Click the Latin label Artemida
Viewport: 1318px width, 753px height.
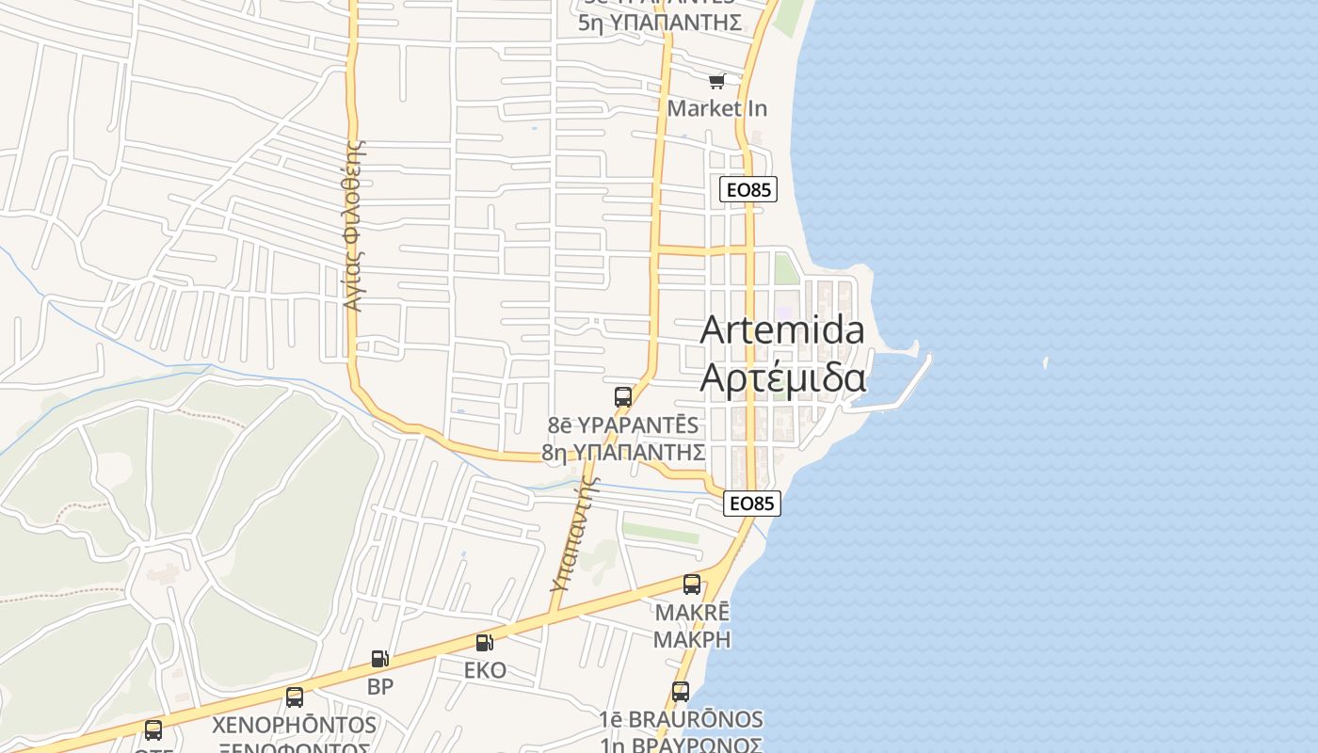pyautogui.click(x=782, y=329)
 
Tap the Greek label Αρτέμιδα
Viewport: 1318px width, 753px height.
pyautogui.click(x=782, y=377)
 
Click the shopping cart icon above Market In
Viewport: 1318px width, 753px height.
pyautogui.click(x=717, y=82)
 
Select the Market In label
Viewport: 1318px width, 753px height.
pyautogui.click(x=717, y=108)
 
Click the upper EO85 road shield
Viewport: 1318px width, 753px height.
pyautogui.click(x=749, y=189)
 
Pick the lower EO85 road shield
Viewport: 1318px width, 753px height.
pyautogui.click(x=752, y=504)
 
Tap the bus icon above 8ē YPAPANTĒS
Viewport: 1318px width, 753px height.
pyautogui.click(x=623, y=396)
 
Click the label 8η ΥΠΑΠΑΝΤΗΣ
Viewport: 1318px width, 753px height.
pyautogui.click(x=623, y=452)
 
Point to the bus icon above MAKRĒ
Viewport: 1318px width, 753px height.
pyautogui.click(x=692, y=584)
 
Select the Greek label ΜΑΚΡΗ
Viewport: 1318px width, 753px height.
pyautogui.click(x=692, y=639)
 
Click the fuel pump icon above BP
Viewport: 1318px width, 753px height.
pyautogui.click(x=380, y=659)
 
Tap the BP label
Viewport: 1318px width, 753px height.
pyautogui.click(x=380, y=686)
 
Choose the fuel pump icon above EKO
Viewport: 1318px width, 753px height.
pyautogui.click(x=485, y=643)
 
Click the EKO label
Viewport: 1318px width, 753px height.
pyautogui.click(x=485, y=670)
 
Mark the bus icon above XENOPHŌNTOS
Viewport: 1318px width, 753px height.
pyautogui.click(x=295, y=697)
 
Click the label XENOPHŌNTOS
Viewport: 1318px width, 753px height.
pyautogui.click(x=295, y=725)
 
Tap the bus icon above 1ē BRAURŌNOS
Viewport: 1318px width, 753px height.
pyautogui.click(x=681, y=692)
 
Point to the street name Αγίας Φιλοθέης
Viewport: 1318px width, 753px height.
pyautogui.click(x=354, y=226)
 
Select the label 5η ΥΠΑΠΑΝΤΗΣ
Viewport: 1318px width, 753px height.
pyautogui.click(x=660, y=23)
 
